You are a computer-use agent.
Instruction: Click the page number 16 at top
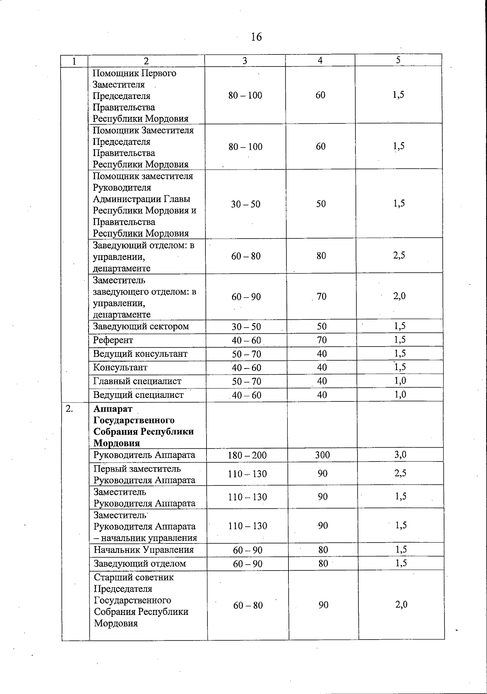256,37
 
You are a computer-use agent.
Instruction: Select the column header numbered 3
244,60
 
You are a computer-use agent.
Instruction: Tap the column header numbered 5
398,60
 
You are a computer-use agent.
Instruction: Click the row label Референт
113,340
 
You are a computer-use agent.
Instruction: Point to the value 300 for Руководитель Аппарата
323,455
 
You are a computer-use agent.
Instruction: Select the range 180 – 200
247,455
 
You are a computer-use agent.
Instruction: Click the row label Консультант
120,368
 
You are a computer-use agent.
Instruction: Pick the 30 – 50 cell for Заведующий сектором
246,327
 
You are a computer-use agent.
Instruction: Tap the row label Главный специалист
137,381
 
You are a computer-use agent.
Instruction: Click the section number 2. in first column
69,409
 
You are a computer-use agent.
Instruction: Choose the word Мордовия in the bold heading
116,443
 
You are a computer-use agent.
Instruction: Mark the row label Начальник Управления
144,550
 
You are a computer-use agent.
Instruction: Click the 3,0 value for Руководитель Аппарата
400,455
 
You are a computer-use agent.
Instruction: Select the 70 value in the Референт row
321,340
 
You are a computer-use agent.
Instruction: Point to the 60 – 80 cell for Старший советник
248,606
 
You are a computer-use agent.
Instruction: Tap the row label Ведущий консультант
140,354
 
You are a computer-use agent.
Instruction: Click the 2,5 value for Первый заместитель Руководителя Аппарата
400,473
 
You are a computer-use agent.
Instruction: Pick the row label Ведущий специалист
138,395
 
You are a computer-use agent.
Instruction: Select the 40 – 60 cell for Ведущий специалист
246,395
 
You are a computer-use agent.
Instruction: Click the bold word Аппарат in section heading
112,409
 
